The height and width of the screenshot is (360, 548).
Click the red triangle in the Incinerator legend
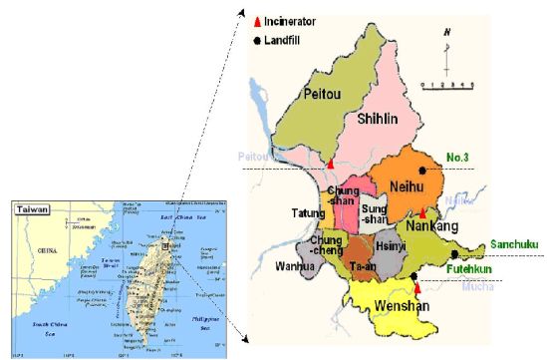click(x=258, y=21)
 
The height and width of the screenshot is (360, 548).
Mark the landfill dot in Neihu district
click(x=422, y=171)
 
